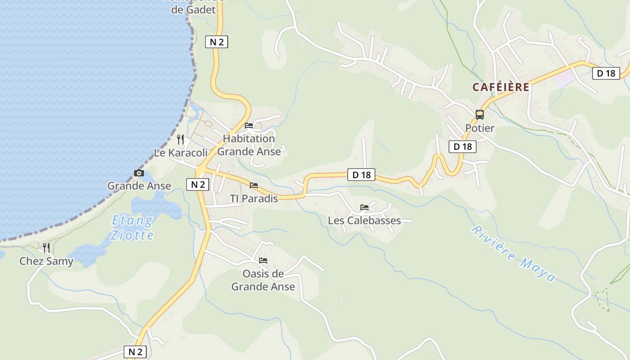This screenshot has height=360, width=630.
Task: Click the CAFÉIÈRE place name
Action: pos(500,87)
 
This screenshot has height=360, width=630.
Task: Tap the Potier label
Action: pos(480,128)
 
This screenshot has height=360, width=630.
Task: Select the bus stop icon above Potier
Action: pos(480,114)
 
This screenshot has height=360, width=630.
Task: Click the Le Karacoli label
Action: pos(181,153)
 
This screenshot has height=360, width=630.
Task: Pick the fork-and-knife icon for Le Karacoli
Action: pos(180,139)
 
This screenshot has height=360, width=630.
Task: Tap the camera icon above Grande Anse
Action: pos(139,173)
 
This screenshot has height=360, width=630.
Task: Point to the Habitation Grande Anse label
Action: pos(249,145)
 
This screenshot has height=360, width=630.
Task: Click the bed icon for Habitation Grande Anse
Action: pos(249,126)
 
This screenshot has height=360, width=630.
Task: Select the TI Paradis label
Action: pos(254,198)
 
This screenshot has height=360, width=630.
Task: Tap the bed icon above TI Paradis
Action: pos(254,185)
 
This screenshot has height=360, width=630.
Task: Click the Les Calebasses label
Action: pos(364,220)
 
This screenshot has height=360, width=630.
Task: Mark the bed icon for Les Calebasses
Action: pos(364,207)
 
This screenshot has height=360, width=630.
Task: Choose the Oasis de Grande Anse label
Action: pos(263,280)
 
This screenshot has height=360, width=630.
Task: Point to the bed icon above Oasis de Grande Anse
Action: pos(263,260)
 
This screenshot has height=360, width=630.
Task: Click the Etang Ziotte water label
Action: pos(132,228)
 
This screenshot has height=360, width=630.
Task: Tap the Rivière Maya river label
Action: pos(513,253)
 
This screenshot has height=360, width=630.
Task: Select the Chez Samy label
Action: pos(46,261)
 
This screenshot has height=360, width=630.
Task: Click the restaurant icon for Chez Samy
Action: pos(46,247)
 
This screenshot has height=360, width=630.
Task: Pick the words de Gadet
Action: pos(194,9)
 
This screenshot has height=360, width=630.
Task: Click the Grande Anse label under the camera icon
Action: pos(139,185)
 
